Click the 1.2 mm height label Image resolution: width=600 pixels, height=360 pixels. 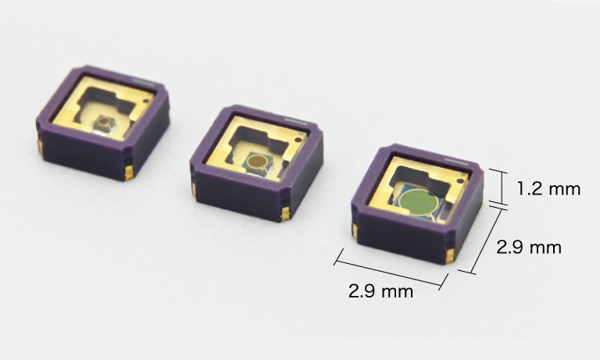coord(548,189)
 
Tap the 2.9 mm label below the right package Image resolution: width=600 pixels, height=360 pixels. coord(380,291)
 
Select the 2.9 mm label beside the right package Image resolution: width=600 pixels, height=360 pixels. coord(529,247)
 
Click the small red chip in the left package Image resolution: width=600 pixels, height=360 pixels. coord(103,122)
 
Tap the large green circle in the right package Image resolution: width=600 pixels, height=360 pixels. coord(416,201)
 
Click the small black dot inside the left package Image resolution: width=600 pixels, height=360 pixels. coord(146,101)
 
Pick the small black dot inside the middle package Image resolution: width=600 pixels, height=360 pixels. coord(298,141)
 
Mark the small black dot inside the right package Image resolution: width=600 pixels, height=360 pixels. coord(460,180)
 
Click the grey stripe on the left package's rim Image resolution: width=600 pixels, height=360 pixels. coord(144,82)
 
